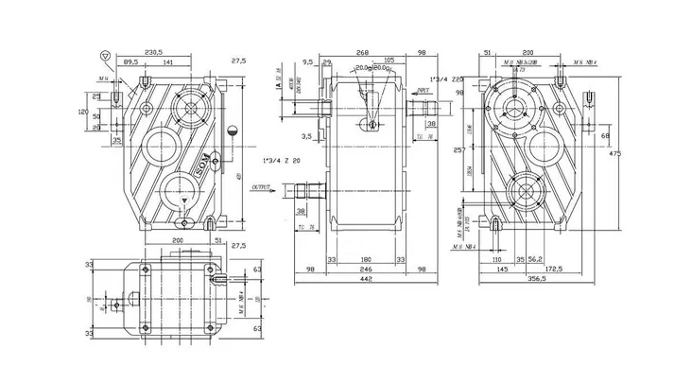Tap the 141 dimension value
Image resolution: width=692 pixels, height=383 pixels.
click(166, 61)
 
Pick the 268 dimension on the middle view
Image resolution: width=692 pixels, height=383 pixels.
click(360, 52)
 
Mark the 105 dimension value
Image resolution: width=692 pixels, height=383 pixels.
click(389, 60)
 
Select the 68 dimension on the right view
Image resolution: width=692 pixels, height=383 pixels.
click(605, 135)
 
